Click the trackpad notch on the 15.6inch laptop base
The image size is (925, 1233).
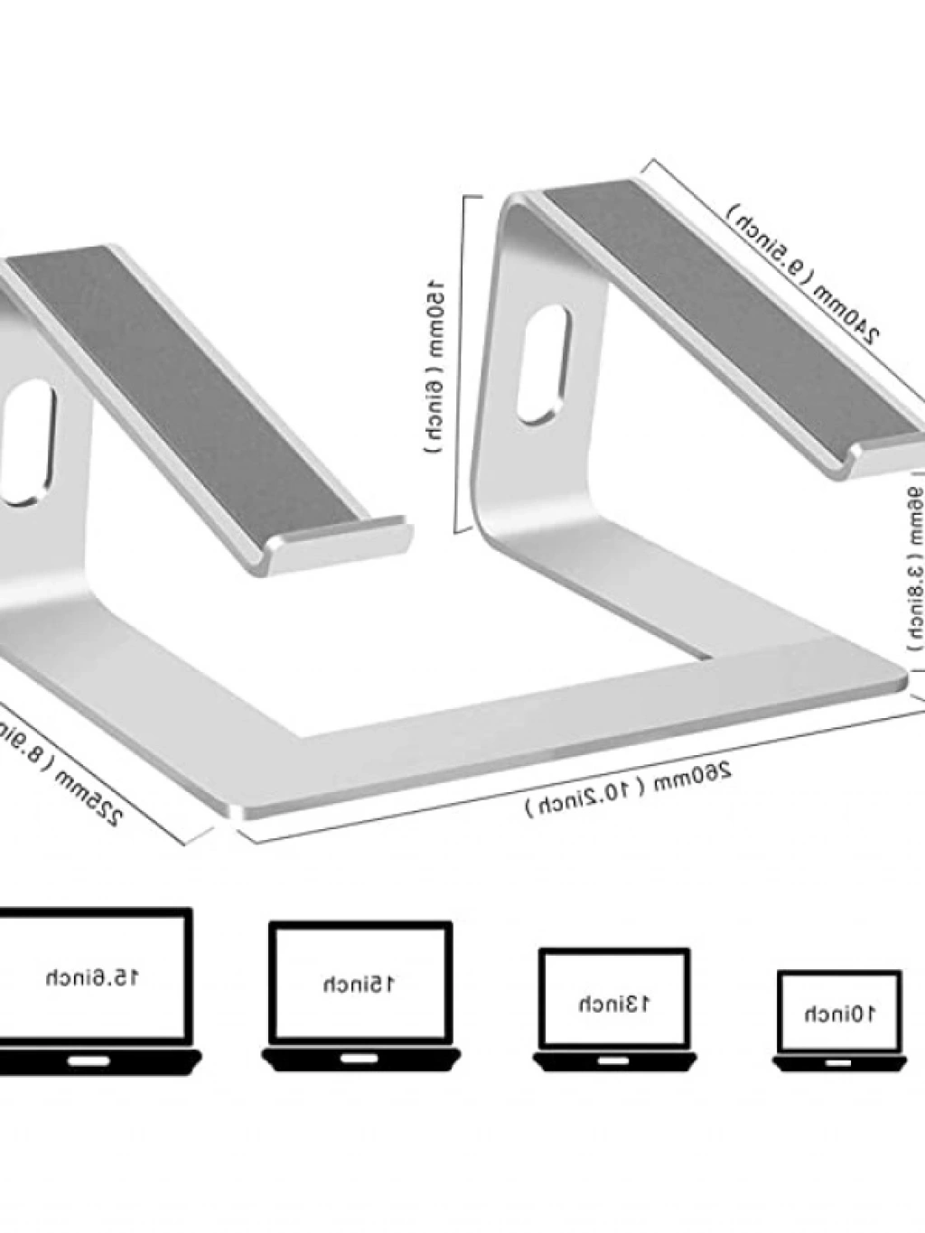pos(90,1058)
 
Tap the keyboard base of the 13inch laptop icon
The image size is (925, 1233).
pos(614,1060)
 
